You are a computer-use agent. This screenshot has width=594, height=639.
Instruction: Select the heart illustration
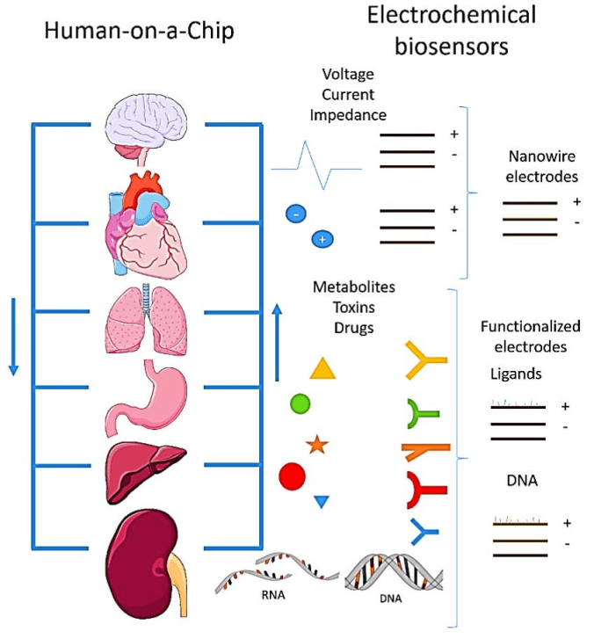(146, 223)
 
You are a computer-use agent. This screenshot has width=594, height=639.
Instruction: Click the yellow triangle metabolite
(322, 368)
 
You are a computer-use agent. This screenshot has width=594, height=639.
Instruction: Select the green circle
(301, 404)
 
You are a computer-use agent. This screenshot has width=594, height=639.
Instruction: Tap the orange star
(316, 445)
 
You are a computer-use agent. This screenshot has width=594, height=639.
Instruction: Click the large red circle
(292, 477)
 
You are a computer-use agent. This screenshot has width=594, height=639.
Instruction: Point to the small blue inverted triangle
(322, 501)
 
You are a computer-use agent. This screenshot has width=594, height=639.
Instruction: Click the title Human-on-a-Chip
(141, 32)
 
